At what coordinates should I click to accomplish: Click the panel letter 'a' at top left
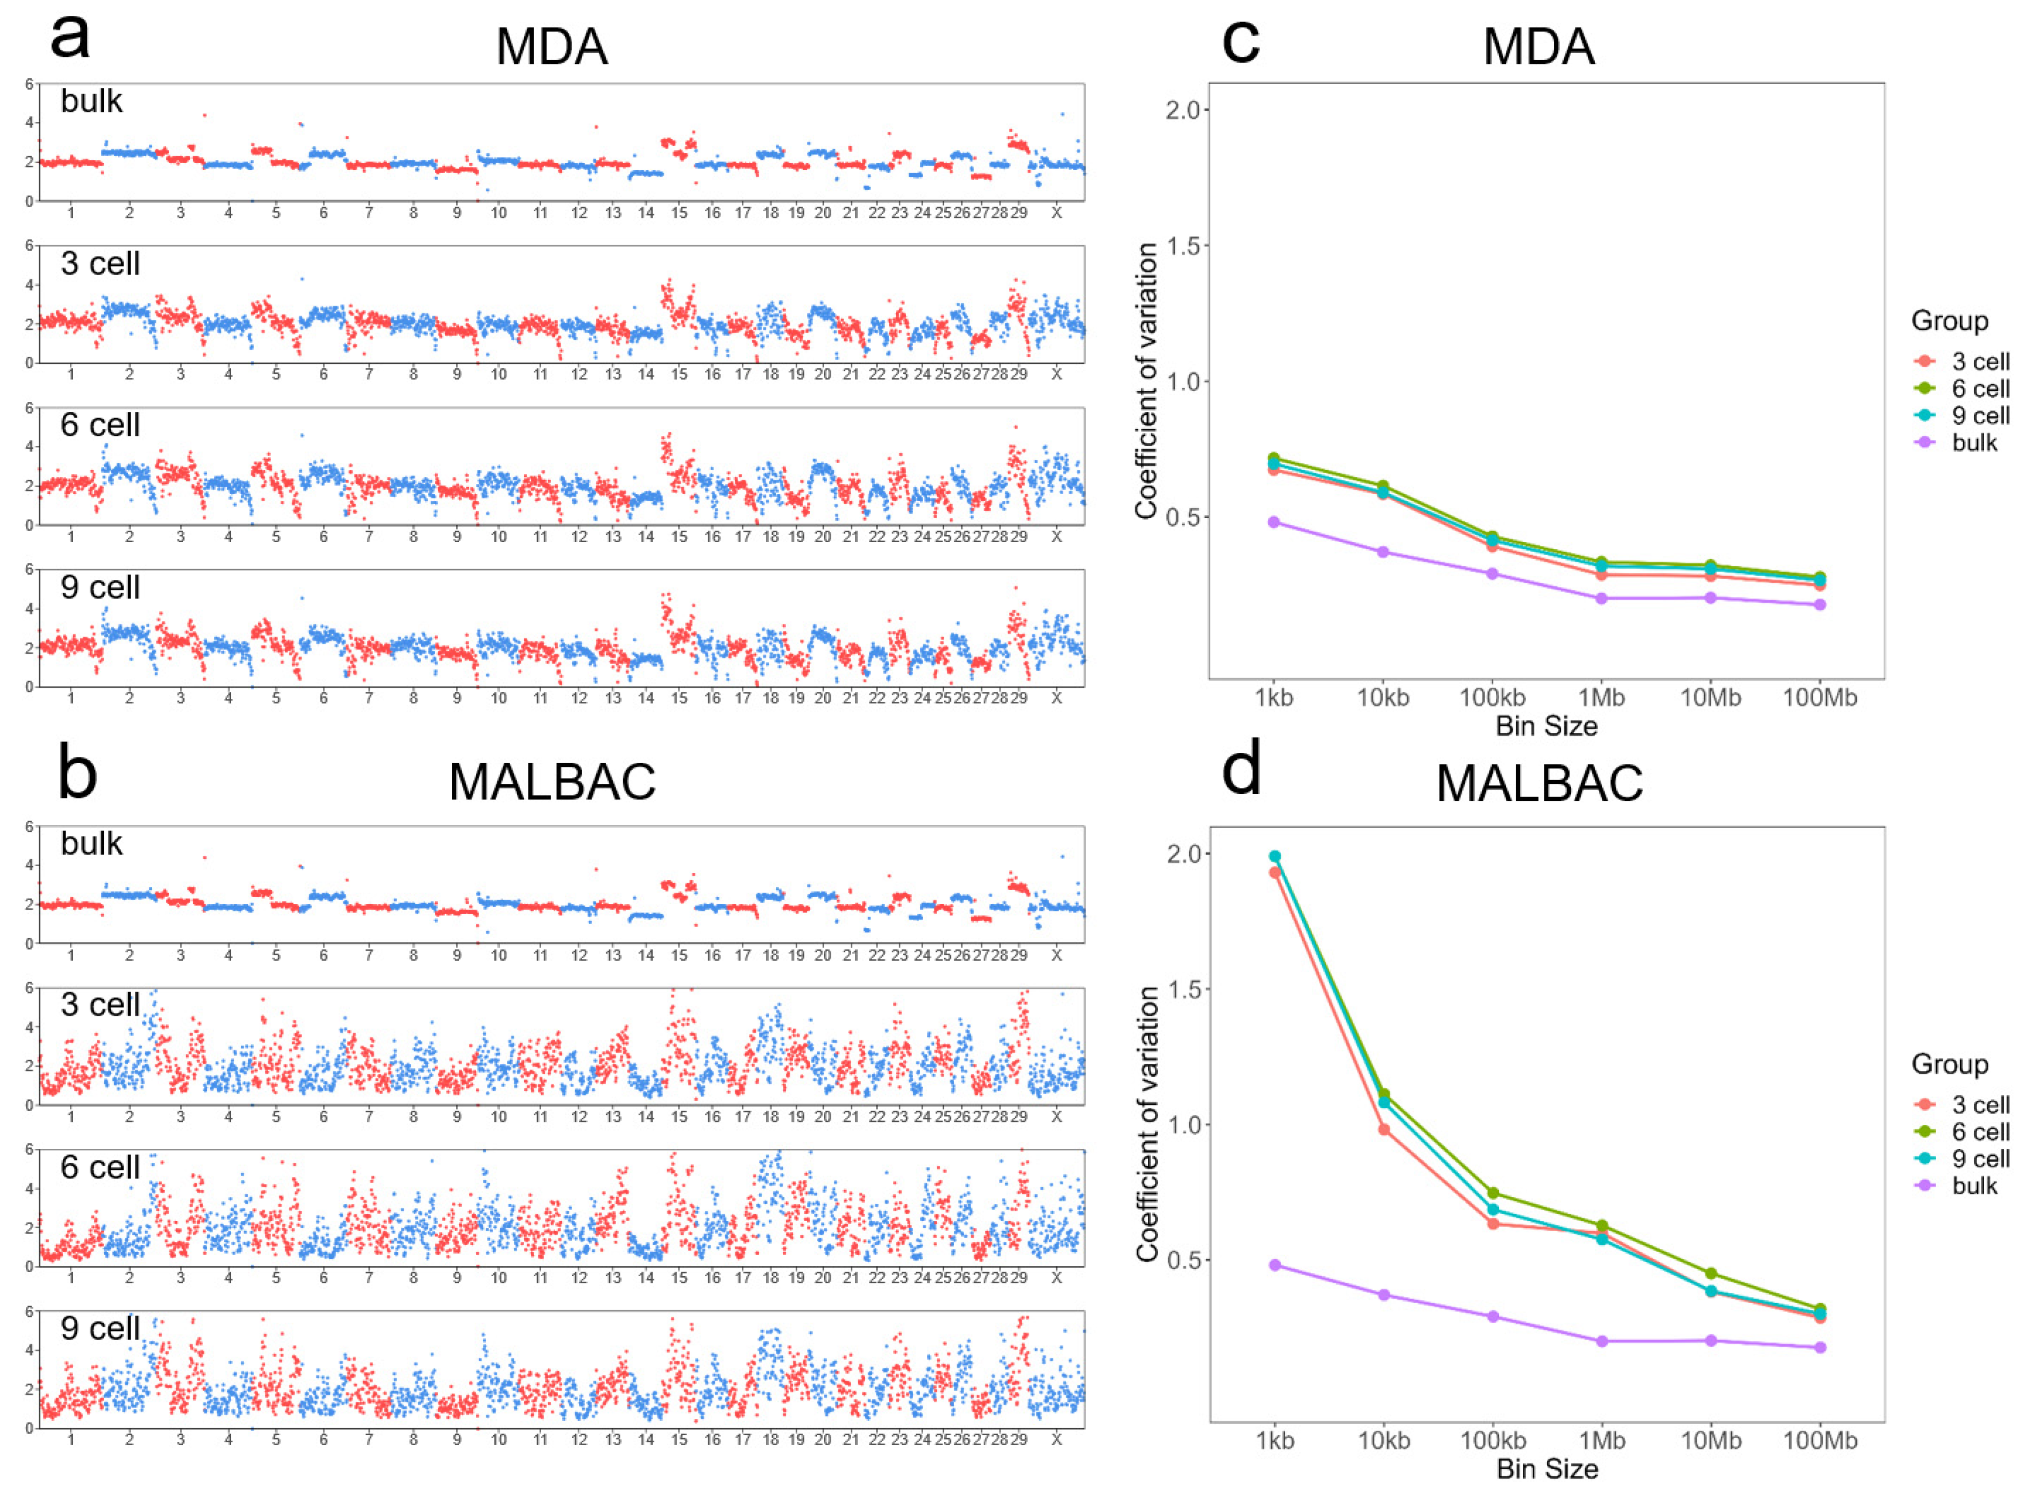tap(70, 38)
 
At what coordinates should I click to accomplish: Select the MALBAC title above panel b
tap(552, 782)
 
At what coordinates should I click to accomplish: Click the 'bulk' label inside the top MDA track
tap(91, 101)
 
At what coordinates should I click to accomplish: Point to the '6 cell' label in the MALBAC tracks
tap(100, 1167)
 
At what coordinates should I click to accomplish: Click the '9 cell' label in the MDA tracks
tap(100, 587)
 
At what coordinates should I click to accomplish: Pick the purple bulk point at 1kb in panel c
tap(1274, 522)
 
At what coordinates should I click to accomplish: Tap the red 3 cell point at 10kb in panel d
tap(1384, 1129)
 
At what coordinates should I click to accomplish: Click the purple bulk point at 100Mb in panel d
tap(1820, 1347)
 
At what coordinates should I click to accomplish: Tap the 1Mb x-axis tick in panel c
tap(1601, 697)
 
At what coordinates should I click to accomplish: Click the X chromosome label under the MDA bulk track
tap(1056, 213)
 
